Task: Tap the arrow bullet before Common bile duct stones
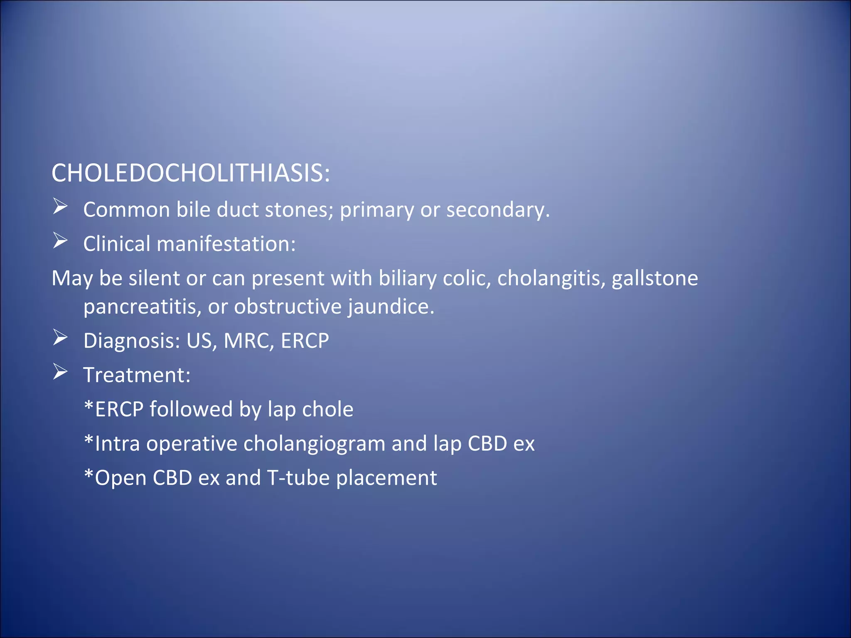coord(60,206)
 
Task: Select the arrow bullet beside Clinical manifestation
coord(60,241)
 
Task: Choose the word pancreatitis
coord(142,307)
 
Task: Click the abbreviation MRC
coord(248,341)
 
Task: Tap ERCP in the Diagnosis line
coord(305,341)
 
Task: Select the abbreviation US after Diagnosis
coord(199,341)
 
